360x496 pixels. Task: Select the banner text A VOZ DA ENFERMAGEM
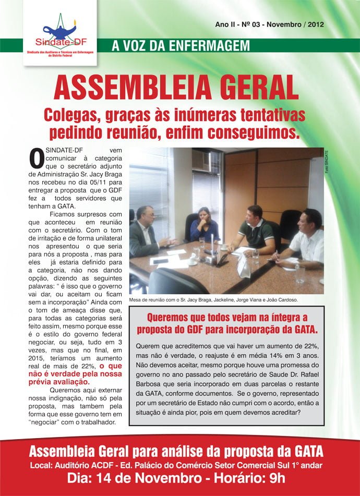(x=181, y=46)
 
